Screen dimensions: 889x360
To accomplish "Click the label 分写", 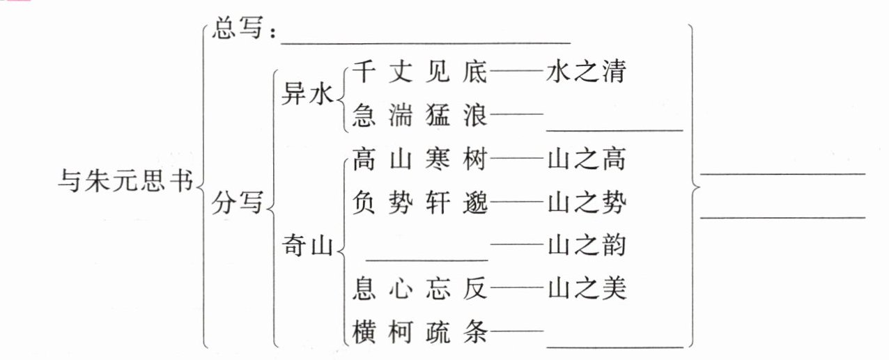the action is click(238, 204).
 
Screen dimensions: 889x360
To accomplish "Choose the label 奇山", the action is click(307, 244).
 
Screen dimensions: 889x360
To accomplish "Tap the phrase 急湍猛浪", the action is click(420, 114).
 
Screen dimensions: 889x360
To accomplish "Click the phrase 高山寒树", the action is click(420, 161).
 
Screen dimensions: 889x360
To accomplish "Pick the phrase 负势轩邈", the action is click(420, 203).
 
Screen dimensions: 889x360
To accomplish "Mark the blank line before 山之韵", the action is click(427, 258).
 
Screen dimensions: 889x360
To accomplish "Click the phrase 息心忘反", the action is click(420, 286).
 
